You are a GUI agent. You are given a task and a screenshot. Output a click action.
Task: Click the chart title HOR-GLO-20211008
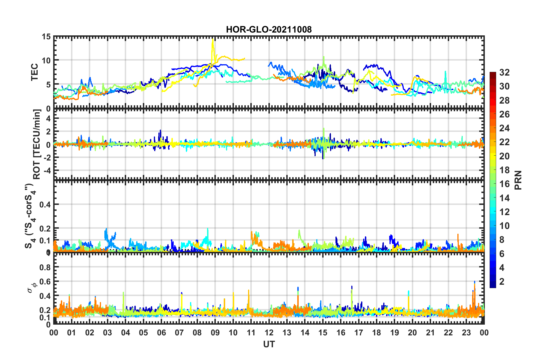269,29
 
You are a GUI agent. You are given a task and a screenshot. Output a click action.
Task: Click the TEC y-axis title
35,72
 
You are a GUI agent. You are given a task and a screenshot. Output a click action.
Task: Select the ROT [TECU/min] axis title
37,144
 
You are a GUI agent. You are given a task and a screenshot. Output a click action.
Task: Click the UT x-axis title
269,344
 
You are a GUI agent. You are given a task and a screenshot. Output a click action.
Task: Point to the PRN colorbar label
518,180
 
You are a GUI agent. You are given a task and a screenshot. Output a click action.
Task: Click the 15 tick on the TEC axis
46,37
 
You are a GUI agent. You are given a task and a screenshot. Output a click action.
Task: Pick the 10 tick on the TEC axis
46,61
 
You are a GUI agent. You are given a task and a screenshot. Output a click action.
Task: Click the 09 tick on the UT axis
215,333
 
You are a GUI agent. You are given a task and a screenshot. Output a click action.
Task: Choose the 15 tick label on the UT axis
323,333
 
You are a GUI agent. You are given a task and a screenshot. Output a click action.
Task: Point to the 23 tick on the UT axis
466,333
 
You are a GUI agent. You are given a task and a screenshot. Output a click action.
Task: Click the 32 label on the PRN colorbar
504,72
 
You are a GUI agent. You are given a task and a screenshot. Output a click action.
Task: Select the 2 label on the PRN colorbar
502,281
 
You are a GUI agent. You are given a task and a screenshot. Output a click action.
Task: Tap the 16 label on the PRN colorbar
504,184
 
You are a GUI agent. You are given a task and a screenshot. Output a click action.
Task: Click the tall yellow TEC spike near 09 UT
213,40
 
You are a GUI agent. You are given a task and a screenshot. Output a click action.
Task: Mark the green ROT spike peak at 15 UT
324,129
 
